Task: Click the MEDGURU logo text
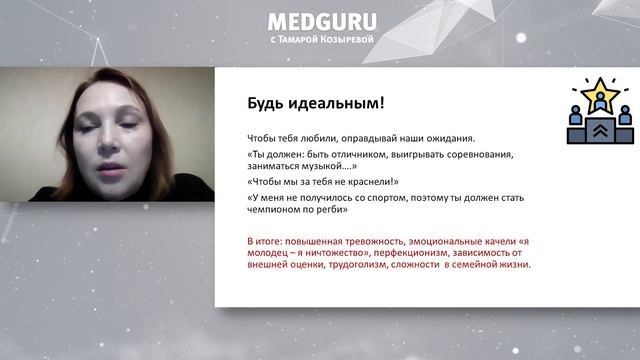click(x=321, y=22)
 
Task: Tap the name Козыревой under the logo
click(x=347, y=41)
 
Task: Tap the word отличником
click(x=368, y=154)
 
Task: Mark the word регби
click(x=334, y=210)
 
